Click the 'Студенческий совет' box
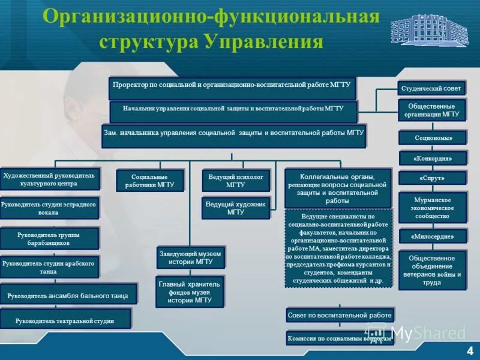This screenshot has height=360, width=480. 431,88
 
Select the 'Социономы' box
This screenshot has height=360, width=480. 432,137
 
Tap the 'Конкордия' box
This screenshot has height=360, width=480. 432,158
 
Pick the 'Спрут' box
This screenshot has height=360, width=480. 432,178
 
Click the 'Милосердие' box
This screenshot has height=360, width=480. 432,236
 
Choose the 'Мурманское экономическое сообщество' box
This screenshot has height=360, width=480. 432,207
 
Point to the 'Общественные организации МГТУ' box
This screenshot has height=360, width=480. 432,110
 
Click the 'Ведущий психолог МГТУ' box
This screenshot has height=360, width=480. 235,181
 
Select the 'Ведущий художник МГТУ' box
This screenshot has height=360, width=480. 235,208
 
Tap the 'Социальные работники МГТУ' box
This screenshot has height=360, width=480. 149,181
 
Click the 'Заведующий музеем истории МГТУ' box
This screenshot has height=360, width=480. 190,257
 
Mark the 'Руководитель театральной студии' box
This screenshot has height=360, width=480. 65,320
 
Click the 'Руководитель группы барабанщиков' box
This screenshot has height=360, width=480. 48,239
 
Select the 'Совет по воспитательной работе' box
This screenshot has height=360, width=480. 340,315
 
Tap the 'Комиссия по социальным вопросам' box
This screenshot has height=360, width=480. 340,338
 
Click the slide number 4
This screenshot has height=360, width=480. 469,350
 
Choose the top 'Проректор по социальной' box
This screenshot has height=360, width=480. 232,87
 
